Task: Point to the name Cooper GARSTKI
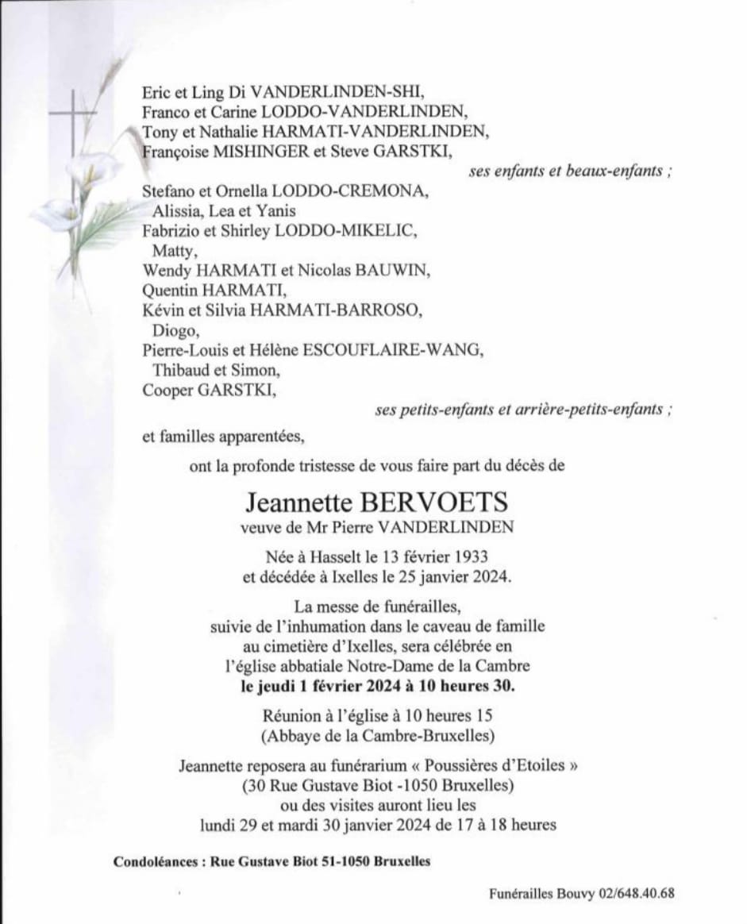tap(210, 389)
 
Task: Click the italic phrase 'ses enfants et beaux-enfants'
tap(564, 171)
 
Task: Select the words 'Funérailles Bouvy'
tap(529, 892)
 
